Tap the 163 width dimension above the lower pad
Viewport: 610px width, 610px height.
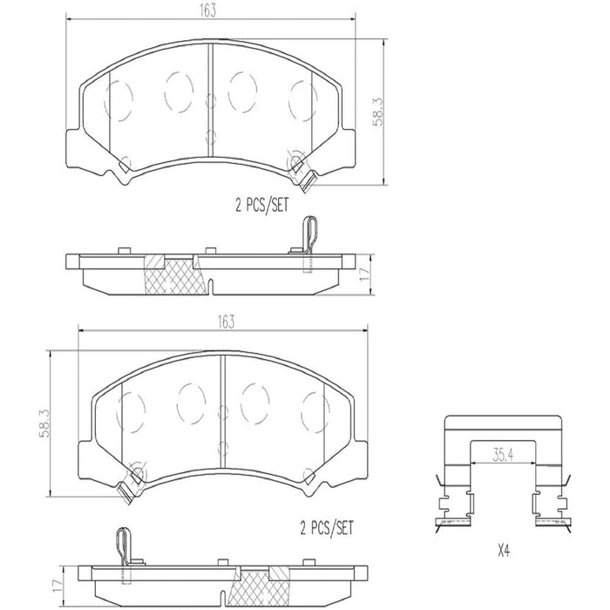pos(227,321)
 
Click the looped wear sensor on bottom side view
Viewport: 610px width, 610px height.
pos(121,548)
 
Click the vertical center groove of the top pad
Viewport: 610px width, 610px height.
pos(210,96)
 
